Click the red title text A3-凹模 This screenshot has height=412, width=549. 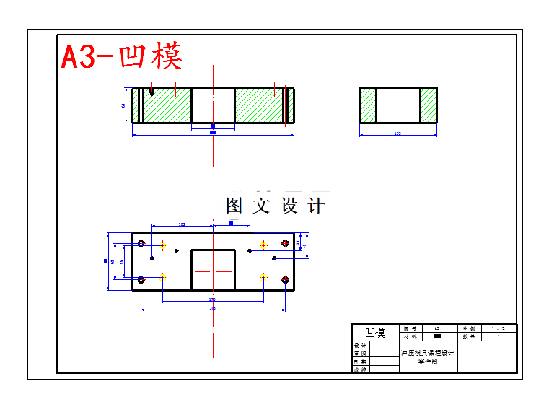click(x=121, y=56)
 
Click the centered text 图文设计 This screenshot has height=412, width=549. click(x=275, y=206)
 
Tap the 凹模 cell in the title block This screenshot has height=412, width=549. click(x=375, y=333)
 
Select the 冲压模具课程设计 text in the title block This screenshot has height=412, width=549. click(x=428, y=353)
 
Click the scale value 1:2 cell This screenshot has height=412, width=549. click(x=499, y=328)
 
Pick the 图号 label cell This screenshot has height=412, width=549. click(x=410, y=328)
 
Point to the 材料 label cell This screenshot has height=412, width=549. click(x=410, y=336)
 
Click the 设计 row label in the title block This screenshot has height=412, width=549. click(x=360, y=345)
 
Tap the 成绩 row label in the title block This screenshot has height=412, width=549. click(x=360, y=369)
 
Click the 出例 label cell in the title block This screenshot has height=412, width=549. click(x=469, y=328)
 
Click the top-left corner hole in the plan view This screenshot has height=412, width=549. click(x=141, y=242)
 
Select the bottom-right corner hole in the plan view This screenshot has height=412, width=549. click(x=286, y=279)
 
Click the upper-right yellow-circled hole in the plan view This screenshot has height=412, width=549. click(x=263, y=245)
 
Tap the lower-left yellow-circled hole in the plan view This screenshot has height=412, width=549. click(x=164, y=276)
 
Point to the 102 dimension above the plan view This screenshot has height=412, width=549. click(x=181, y=225)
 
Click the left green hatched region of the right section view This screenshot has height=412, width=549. click(x=368, y=105)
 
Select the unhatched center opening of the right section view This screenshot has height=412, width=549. click(x=398, y=105)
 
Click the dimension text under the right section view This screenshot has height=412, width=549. click(x=398, y=133)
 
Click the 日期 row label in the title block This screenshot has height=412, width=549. click(x=360, y=361)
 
